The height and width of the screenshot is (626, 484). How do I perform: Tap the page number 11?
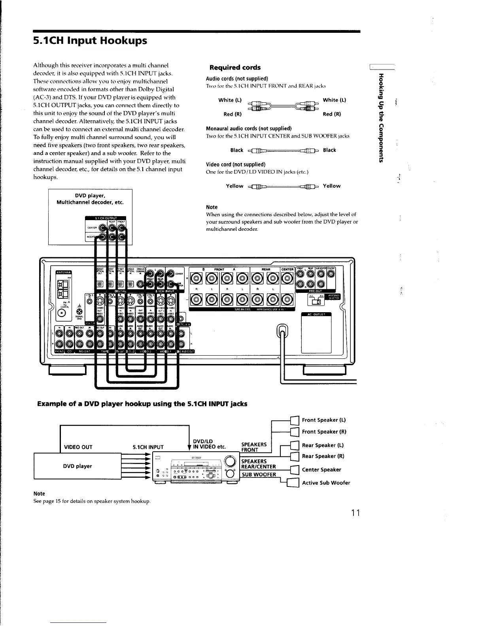[355, 513]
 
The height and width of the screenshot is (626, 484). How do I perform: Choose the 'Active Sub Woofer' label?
[326, 483]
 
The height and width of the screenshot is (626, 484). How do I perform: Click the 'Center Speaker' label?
[321, 469]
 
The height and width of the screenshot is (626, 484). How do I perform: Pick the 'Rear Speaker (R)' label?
[323, 456]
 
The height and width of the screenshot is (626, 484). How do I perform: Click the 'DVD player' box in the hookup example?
[78, 466]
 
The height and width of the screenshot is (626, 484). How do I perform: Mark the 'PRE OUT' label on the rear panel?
[318, 290]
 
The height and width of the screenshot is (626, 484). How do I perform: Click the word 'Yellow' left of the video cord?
[234, 186]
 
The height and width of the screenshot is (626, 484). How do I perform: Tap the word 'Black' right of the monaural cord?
[329, 150]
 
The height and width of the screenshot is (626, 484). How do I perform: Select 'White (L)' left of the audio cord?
[230, 100]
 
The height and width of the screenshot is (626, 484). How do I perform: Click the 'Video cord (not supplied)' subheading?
[236, 164]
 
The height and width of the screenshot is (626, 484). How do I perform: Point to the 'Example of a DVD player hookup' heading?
[142, 404]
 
